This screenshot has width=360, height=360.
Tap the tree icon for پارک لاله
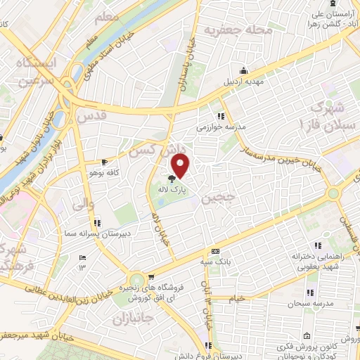(173, 178)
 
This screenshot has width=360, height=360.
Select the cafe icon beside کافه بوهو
(104, 161)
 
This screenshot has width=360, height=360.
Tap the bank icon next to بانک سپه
(215, 251)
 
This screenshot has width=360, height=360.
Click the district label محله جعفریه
(228, 31)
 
